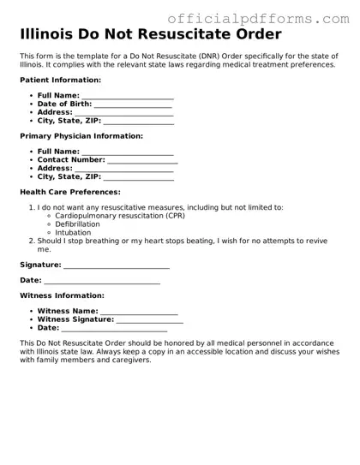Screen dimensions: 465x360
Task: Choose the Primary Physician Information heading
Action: pos(81,136)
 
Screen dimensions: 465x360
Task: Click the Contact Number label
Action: pos(71,159)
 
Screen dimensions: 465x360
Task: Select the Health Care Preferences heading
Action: pos(70,192)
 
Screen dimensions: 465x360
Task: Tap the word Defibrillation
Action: pos(83,224)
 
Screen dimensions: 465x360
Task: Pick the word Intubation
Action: pos(73,232)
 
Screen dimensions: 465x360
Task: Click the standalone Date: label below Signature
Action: pos(31,280)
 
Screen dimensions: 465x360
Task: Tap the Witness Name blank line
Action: pos(139,312)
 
